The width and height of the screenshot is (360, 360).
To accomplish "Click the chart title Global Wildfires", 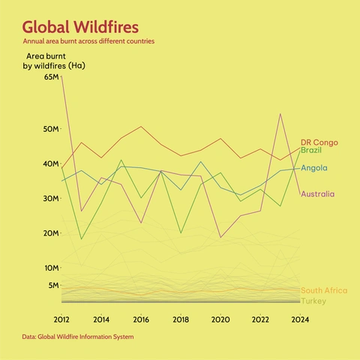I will tap(80, 27).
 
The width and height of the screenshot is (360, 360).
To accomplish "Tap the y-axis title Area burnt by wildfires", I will tap(53, 61).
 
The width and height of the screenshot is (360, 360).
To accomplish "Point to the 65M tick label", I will tap(51, 77).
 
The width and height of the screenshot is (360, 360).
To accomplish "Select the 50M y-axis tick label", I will tap(51, 129).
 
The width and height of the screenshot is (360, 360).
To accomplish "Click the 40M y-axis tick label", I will tap(51, 164).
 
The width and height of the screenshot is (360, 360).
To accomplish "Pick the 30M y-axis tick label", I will tap(51, 199).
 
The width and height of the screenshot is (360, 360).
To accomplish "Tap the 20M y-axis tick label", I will tap(51, 233).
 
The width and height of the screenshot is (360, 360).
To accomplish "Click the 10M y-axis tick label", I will tap(51, 268).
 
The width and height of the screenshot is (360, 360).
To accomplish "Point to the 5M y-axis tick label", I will tap(53, 285).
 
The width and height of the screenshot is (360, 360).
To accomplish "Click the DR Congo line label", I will tap(319, 142).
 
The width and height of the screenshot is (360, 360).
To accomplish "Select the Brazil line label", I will tap(311, 151).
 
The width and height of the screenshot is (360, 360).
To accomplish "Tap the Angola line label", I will tap(313, 167).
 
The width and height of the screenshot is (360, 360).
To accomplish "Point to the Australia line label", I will tap(318, 194).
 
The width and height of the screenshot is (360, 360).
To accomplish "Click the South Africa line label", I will tap(323, 290).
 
